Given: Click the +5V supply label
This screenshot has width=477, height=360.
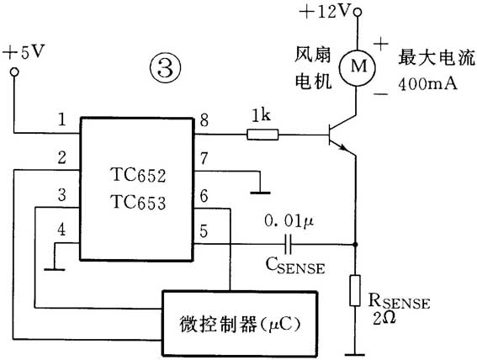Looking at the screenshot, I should [24, 52].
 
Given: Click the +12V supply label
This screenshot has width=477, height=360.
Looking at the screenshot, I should [324, 11].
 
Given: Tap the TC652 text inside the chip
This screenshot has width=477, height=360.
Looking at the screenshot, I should [138, 177].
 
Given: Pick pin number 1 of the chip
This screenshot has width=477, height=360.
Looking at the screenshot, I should [61, 120].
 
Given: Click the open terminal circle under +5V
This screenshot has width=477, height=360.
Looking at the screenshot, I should [13, 72].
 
